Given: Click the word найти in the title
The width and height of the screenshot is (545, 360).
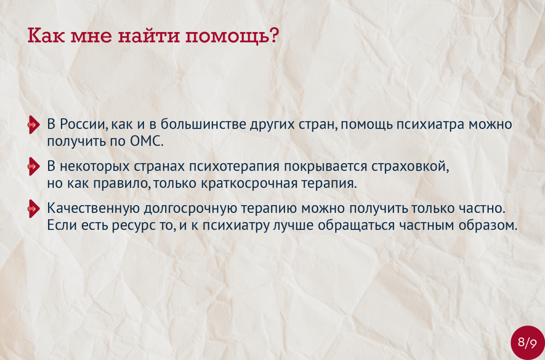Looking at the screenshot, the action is pos(149,36).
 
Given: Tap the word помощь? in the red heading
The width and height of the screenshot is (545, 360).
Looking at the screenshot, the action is pos(232,36).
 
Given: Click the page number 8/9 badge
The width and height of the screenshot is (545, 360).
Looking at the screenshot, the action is pos(527,343).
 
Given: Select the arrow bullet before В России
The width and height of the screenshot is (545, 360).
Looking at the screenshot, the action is pos(34,125).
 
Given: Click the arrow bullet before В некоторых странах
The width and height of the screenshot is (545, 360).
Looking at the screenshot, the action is pos(34,166).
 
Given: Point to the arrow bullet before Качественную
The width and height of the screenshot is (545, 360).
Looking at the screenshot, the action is pos(34,208).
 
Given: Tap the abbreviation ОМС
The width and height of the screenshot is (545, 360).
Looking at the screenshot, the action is pos(147,141).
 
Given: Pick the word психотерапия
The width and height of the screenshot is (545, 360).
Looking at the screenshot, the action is pos(234,167).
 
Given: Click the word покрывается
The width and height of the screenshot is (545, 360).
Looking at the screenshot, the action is pos(325,167).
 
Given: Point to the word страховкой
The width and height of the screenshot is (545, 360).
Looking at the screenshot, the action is pos(410,166).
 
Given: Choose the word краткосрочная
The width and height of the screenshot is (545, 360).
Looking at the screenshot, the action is pos(249,184).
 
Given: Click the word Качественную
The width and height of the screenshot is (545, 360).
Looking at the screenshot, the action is pos(93,208).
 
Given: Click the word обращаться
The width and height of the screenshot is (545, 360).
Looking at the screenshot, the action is pos(356,226).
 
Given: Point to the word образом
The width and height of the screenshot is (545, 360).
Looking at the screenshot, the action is pos(488,225).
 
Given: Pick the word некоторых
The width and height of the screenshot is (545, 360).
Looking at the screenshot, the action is pos(95,166).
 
